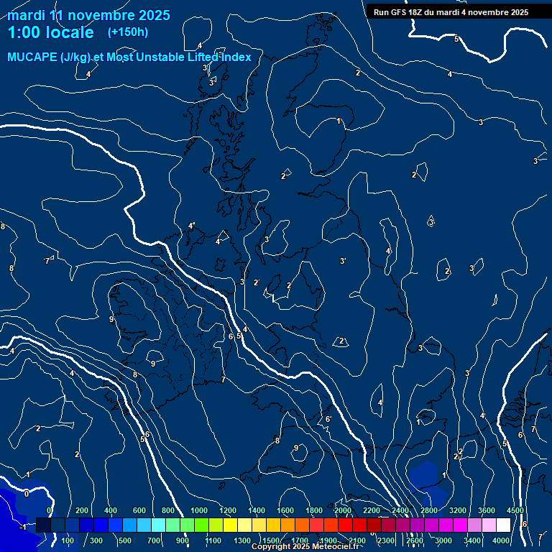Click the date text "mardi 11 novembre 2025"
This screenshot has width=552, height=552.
pyautogui.click(x=88, y=15)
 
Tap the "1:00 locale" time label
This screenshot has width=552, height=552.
pyautogui.click(x=50, y=32)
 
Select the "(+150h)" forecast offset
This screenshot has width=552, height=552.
pyautogui.click(x=128, y=32)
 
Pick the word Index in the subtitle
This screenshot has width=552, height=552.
pyautogui.click(x=234, y=57)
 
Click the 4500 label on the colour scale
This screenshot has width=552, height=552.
pyautogui.click(x=515, y=510)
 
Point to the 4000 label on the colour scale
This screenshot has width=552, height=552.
pyautogui.click(x=502, y=540)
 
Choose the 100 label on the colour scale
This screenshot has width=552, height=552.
pyautogui.click(x=68, y=540)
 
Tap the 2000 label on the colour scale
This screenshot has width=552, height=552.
pyautogui.click(x=343, y=510)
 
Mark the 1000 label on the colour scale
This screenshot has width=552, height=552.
pyautogui.click(x=199, y=510)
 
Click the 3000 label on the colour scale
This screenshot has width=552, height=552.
pyautogui.click(x=443, y=540)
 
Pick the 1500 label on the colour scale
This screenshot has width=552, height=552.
pyautogui.click(x=271, y=540)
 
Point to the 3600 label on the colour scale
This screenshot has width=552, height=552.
pyautogui.click(x=486, y=510)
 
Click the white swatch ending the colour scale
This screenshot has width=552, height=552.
pyautogui.click(x=503, y=525)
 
